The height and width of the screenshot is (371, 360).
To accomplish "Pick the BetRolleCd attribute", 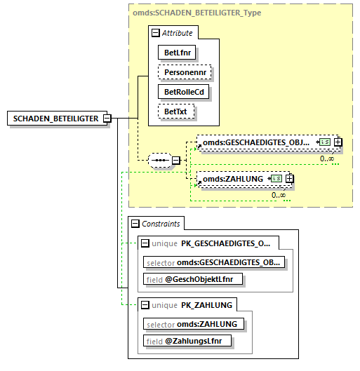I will coord(185,92).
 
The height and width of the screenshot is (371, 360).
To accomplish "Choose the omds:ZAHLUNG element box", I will coord(233,180).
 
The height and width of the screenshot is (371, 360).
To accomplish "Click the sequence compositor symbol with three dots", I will coord(161,160).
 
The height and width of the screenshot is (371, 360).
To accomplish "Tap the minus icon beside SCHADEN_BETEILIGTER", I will coord(107,119).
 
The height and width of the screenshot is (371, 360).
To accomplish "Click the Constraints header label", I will coord(161,224).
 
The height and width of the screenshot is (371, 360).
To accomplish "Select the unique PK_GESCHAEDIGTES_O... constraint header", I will coord(214,243).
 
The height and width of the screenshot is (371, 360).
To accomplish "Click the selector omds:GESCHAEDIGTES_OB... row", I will coord(214,262).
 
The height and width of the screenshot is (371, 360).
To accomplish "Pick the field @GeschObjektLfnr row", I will coord(193,279).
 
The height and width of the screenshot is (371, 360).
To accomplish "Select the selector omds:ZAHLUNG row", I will coord(194,323).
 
